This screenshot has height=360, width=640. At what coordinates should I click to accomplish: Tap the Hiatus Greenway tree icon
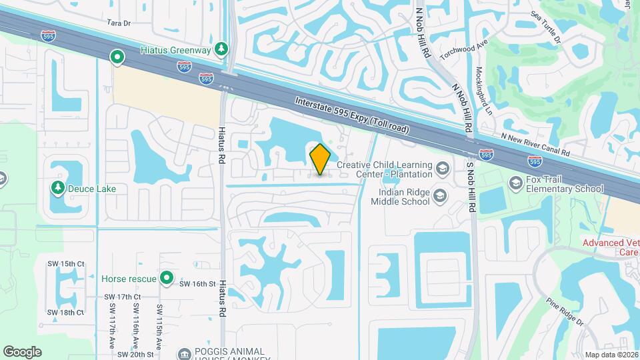pyautogui.click(x=222, y=49)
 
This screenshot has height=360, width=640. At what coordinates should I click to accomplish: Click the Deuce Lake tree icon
pyautogui.click(x=58, y=189)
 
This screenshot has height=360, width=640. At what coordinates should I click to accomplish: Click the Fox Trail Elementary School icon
pyautogui.click(x=515, y=182)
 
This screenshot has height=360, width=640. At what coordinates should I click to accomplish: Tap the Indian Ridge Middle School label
pyautogui.click(x=399, y=196)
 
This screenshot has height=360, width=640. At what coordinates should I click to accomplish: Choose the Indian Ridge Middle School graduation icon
pyautogui.click(x=439, y=195)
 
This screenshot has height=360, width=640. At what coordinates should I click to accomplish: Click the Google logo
pyautogui.click(x=22, y=351)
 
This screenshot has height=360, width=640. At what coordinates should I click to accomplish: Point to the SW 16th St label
pyautogui.click(x=197, y=283)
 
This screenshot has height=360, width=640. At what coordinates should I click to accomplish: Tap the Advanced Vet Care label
pyautogui.click(x=611, y=247)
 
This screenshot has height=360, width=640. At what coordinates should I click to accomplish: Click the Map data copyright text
pyautogui.click(x=611, y=354)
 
